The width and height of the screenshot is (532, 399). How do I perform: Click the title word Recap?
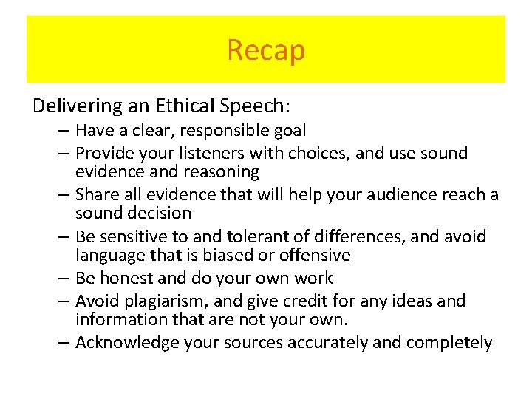(266, 50)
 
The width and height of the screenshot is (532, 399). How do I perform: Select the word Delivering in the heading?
(68, 106)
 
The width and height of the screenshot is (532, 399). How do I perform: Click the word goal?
(290, 131)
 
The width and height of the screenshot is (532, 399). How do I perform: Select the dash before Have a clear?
(65, 132)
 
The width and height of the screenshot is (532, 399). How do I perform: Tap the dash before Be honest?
(65, 279)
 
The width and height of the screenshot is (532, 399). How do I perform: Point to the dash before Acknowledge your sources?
(65, 343)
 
